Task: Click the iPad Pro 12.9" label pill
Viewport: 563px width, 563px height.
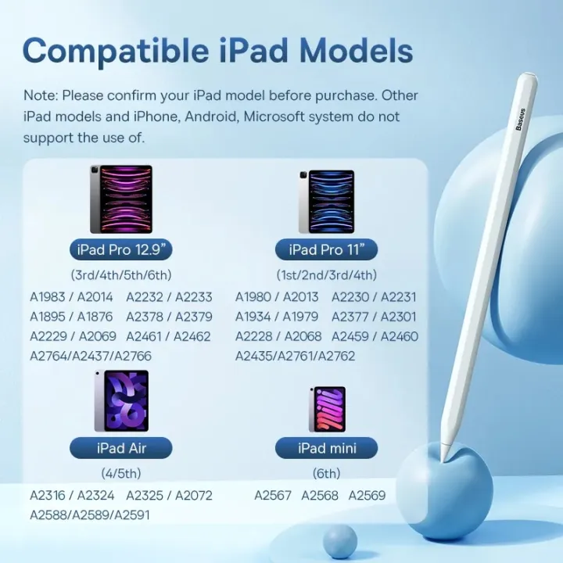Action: click(x=121, y=250)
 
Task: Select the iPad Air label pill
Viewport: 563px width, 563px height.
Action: click(x=121, y=448)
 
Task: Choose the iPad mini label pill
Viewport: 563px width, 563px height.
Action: click(x=327, y=448)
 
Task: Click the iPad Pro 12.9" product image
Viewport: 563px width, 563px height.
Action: click(x=121, y=199)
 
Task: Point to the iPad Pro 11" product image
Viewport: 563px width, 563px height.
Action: click(x=326, y=201)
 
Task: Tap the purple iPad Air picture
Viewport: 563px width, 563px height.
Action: click(x=121, y=401)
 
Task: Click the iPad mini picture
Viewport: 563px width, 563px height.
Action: click(x=327, y=408)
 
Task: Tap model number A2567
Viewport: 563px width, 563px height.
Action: click(x=274, y=495)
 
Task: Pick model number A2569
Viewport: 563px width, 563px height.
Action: click(x=367, y=495)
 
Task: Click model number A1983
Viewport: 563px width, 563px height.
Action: click(x=48, y=297)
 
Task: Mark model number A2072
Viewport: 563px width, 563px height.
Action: click(x=193, y=495)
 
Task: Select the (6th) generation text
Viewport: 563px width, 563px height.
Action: click(x=326, y=473)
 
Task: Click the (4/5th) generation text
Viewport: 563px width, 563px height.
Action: click(x=121, y=473)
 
